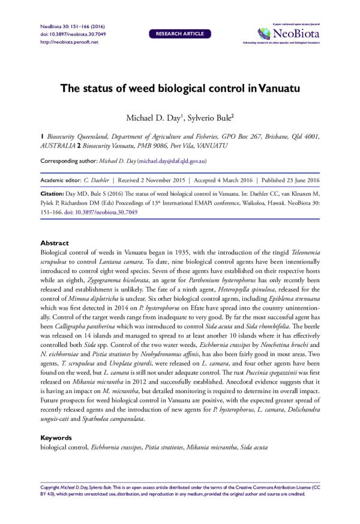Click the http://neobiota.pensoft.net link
tap(66, 42)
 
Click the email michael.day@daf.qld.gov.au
tap(172, 161)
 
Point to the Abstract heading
tap(55, 243)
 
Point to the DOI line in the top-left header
tap(63, 35)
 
